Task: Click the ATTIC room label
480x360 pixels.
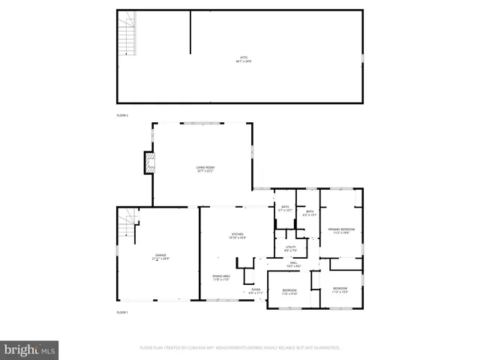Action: (239, 57)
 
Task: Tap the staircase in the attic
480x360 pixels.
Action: (128, 33)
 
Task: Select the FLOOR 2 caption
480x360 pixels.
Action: (122, 115)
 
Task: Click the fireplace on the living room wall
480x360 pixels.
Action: (150, 163)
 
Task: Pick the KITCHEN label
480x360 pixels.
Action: (238, 235)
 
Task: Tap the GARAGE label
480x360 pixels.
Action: (161, 256)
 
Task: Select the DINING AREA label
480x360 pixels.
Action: (220, 276)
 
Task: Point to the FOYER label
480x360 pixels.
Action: (256, 289)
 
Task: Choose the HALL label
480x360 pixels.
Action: (293, 263)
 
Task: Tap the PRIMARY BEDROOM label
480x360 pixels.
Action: (341, 229)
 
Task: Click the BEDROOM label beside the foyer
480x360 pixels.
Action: (289, 290)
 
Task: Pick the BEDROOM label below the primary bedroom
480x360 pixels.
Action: (340, 289)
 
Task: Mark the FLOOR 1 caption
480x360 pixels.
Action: (122, 312)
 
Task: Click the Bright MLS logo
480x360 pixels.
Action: (29, 349)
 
